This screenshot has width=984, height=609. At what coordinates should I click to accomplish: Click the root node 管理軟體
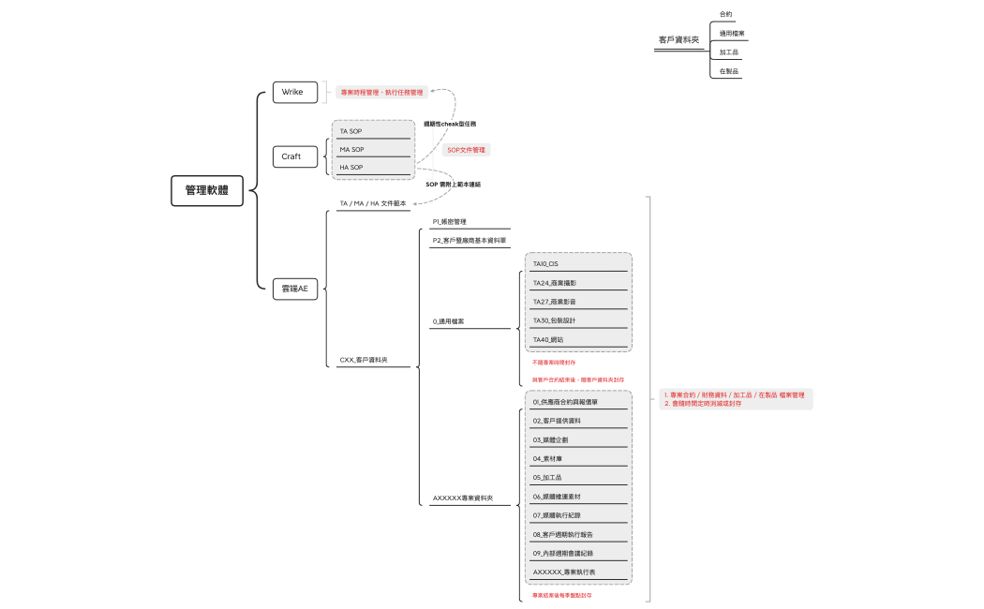[x=207, y=190]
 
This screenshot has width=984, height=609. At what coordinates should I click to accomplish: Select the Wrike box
[x=292, y=92]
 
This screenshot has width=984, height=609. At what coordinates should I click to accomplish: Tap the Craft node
[x=291, y=156]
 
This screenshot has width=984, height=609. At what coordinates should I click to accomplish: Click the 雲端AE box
[x=294, y=289]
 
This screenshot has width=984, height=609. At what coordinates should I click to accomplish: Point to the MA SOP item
[x=352, y=149]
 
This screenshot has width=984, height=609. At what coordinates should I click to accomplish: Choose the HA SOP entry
[x=351, y=167]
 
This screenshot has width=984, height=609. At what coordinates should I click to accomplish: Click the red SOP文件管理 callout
[x=467, y=150]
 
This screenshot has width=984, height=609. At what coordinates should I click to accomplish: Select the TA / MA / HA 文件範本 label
[x=373, y=203]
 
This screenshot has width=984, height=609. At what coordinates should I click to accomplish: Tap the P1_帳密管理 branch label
[x=449, y=222]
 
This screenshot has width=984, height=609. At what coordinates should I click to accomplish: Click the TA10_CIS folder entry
[x=546, y=264]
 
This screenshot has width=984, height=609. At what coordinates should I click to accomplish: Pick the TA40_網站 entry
[x=548, y=339]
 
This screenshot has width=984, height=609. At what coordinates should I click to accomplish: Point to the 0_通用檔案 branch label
[x=449, y=321]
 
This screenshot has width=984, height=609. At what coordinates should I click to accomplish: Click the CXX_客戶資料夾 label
[x=364, y=360]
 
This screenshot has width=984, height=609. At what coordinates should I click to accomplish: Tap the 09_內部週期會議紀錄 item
[x=563, y=553]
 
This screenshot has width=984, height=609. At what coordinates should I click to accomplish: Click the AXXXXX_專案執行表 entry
[x=564, y=571]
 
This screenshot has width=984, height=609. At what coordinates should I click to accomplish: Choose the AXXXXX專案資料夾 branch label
[x=463, y=498]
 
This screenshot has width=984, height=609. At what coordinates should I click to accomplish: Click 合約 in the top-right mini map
[x=725, y=14]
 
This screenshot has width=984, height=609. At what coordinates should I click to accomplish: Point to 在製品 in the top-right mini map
[x=729, y=71]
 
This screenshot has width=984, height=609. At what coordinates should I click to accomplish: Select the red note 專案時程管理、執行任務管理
[x=382, y=93]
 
